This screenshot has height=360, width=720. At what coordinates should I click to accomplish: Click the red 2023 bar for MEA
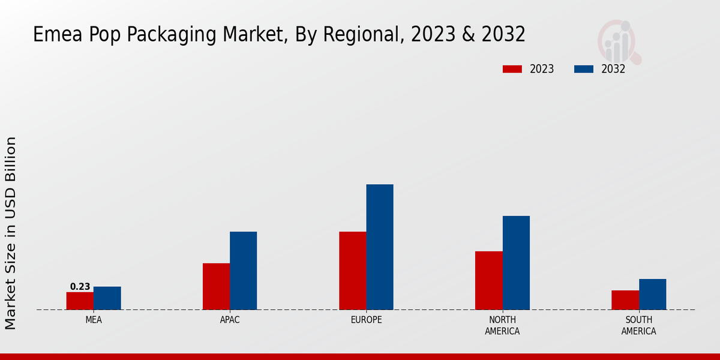point(80,301)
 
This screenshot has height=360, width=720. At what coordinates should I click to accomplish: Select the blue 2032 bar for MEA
point(107,298)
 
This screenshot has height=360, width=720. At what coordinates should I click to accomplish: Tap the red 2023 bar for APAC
point(216,286)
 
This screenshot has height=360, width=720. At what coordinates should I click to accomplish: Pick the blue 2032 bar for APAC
point(243,271)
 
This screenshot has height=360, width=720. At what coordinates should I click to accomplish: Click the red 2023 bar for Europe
point(352,271)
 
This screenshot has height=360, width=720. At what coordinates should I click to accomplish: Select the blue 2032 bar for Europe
point(380,247)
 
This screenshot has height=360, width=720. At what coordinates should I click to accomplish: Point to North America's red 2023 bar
point(488,280)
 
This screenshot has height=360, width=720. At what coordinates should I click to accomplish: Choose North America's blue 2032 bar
point(516,263)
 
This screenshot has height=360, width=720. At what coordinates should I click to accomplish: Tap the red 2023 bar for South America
point(625,300)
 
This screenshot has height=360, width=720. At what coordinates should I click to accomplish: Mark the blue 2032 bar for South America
point(652,294)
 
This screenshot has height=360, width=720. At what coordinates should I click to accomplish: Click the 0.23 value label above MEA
point(80,287)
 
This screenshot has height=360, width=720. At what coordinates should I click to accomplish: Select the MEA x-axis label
point(94,320)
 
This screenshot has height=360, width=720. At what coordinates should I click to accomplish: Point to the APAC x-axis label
point(230,320)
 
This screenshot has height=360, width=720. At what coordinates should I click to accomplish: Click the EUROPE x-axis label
point(366,320)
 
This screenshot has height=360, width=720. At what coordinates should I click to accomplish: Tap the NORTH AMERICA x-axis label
point(502,325)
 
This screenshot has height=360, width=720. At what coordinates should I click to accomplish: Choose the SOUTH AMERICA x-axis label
point(638,325)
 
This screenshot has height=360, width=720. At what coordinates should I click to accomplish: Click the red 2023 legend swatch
point(512,69)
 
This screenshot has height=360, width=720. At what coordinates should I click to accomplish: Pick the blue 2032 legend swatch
point(583,69)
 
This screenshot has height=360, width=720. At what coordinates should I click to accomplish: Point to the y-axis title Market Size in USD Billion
point(11,233)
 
